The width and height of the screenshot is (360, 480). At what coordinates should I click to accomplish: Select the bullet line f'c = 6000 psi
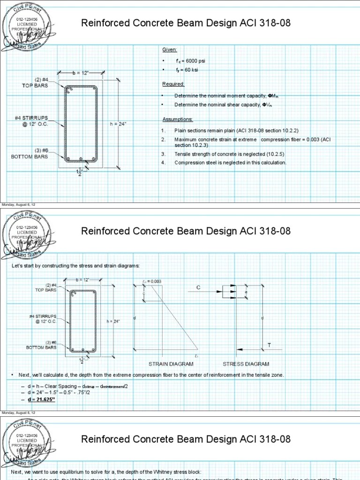(190, 61)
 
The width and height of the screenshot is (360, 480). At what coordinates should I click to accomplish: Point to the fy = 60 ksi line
(187, 70)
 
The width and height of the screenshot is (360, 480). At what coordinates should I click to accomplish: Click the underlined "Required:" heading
(173, 84)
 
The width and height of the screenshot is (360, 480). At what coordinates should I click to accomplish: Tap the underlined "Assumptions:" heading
(177, 119)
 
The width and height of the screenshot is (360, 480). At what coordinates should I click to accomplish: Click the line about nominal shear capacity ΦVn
(223, 105)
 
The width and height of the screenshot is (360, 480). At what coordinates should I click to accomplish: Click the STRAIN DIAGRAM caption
(167, 364)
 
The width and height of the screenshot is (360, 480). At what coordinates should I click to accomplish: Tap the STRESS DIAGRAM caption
(246, 364)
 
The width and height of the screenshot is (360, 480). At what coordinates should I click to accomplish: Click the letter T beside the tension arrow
(269, 345)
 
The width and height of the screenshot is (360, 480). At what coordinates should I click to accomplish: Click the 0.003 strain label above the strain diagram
(153, 281)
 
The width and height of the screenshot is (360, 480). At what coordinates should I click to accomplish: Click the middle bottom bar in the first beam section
(81, 158)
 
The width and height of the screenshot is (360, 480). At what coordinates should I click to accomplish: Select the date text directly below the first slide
(18, 205)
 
